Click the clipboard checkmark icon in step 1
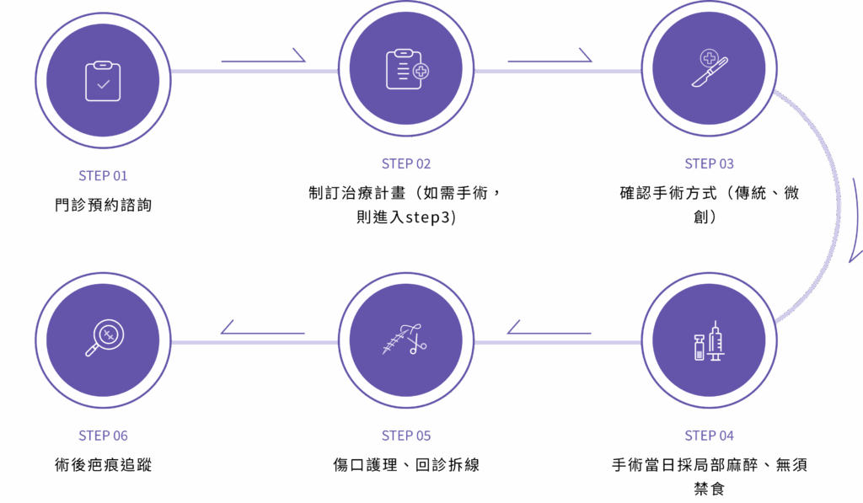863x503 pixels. pyautogui.click(x=103, y=80)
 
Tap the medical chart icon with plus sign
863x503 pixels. pyautogui.click(x=406, y=71)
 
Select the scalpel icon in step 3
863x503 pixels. pyautogui.click(x=709, y=69)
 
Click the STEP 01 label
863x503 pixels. pyautogui.click(x=103, y=176)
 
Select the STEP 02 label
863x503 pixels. pyautogui.click(x=406, y=163)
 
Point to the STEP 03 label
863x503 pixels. pyautogui.click(x=709, y=163)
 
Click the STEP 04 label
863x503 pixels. pyautogui.click(x=709, y=436)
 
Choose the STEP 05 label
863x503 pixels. pyautogui.click(x=406, y=436)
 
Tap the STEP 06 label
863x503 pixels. pyautogui.click(x=103, y=436)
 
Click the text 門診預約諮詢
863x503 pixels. pyautogui.click(x=103, y=205)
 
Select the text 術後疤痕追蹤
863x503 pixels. pyautogui.click(x=103, y=464)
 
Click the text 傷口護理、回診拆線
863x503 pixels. pyautogui.click(x=406, y=465)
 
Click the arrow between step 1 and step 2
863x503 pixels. pyautogui.click(x=263, y=58)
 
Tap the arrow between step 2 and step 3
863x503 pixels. pyautogui.click(x=549, y=58)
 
